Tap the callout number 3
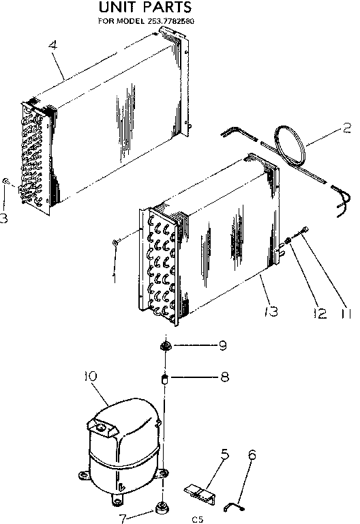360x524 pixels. click(4, 218)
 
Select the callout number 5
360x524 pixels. click(224, 454)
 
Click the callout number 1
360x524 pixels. click(115, 278)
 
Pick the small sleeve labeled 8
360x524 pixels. click(164, 377)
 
